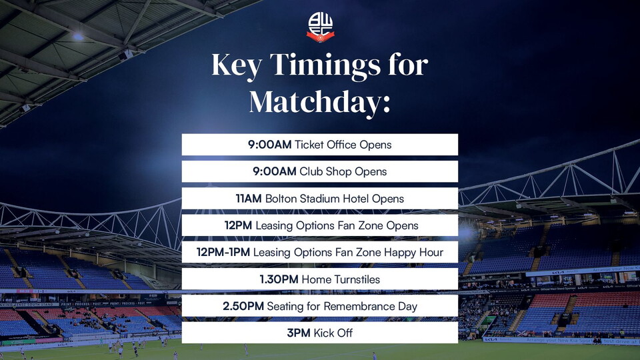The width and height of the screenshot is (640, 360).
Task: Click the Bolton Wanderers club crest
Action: pos(321,27)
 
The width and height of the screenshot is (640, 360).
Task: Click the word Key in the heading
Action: pos(237,66)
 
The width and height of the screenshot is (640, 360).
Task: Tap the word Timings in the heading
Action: pos(325,66)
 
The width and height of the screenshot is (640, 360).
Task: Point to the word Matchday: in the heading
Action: pos(319,103)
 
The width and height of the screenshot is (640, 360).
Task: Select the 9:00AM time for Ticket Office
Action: pos(270,145)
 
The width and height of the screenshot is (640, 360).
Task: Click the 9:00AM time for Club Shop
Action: pos(275,171)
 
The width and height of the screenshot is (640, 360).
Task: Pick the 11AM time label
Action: pos(249,199)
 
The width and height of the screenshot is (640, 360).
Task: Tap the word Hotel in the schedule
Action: pos(355,199)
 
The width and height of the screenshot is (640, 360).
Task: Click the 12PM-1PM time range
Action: pos(223,252)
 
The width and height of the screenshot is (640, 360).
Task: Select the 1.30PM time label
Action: pos(279,279)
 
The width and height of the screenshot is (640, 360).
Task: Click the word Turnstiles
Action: pos(357,279)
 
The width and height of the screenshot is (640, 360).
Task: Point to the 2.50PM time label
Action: pos(243,307)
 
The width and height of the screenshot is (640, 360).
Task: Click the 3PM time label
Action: pos(299,333)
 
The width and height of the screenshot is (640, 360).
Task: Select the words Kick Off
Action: pos(333,333)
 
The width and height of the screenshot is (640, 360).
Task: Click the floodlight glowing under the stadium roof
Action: pos(77,37)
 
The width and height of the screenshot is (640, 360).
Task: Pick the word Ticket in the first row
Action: pos(309,145)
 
